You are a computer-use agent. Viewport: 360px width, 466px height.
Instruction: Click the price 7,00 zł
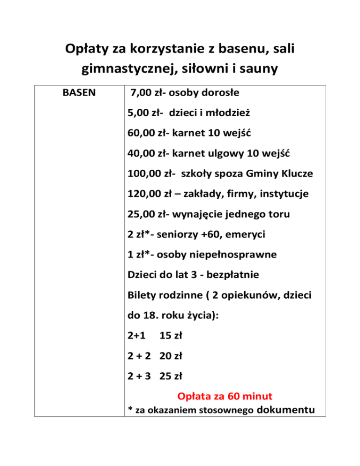145,93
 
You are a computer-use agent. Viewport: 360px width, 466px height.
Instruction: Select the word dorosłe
219,93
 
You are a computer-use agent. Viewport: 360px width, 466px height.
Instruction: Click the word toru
277,214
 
